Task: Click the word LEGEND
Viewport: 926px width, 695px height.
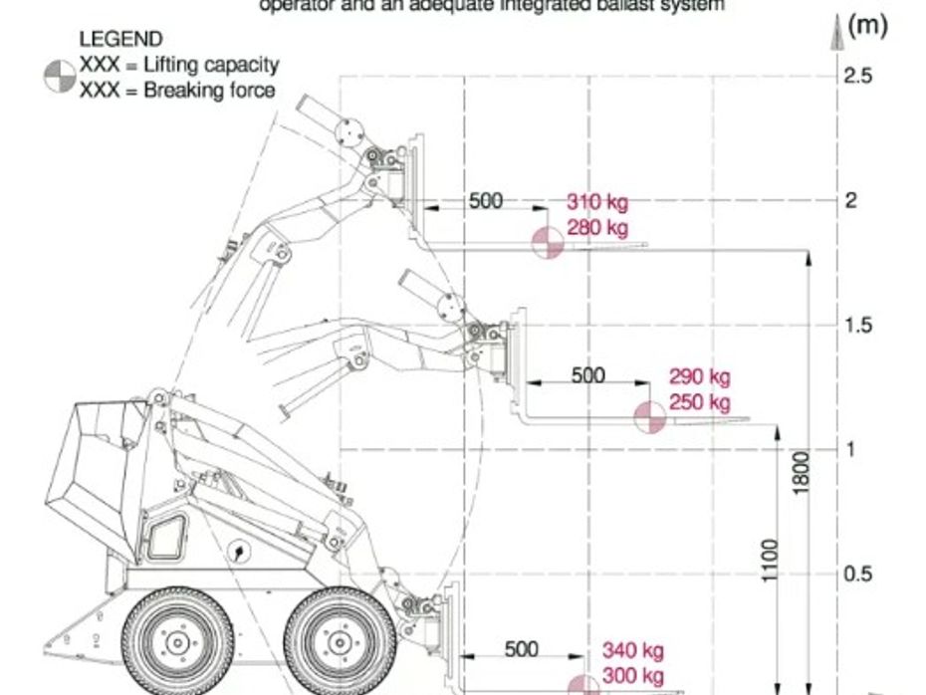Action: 119,40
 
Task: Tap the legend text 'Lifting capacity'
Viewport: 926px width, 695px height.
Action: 211,66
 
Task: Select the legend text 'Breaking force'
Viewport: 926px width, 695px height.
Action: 209,91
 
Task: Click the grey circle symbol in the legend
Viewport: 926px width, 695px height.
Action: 60,77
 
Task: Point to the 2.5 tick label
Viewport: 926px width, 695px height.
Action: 858,76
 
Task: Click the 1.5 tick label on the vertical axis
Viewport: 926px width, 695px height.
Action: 858,326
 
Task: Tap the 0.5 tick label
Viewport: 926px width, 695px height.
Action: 858,575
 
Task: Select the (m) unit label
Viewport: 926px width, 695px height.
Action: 867,26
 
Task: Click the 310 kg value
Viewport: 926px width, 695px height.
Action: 597,203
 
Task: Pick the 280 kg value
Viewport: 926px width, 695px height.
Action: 597,228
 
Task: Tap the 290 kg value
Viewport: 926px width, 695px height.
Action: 699,377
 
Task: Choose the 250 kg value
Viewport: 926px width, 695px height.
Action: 699,402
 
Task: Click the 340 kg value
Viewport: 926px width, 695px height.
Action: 632,651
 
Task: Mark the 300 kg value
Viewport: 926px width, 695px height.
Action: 632,676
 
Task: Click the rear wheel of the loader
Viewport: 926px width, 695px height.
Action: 176,642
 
